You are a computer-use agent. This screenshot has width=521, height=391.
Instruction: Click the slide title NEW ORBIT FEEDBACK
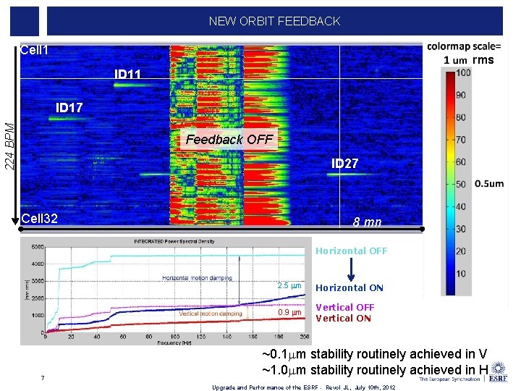click(274, 21)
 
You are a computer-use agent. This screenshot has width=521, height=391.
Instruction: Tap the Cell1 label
click(35, 50)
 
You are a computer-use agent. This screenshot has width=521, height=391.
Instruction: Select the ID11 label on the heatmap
click(128, 75)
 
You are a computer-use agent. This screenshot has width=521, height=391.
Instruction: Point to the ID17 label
click(69, 108)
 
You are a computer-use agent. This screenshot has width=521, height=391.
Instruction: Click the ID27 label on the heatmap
click(344, 164)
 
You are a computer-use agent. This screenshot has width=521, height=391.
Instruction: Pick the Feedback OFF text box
click(229, 139)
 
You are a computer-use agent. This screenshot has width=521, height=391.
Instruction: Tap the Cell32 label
click(39, 218)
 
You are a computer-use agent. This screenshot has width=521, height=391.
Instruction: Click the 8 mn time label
click(367, 222)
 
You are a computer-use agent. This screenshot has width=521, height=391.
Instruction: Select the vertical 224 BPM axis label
click(9, 146)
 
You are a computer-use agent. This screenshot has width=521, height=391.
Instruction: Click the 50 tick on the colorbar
click(462, 184)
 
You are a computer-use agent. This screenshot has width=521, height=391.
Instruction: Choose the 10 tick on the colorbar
click(462, 274)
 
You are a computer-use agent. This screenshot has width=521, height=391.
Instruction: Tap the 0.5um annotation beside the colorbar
click(489, 183)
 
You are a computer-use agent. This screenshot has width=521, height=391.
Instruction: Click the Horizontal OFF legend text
click(351, 251)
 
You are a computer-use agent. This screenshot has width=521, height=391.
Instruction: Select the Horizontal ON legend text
click(350, 288)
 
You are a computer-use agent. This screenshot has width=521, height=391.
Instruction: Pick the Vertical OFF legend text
click(345, 307)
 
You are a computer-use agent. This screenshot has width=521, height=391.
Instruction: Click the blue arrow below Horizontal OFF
click(351, 269)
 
